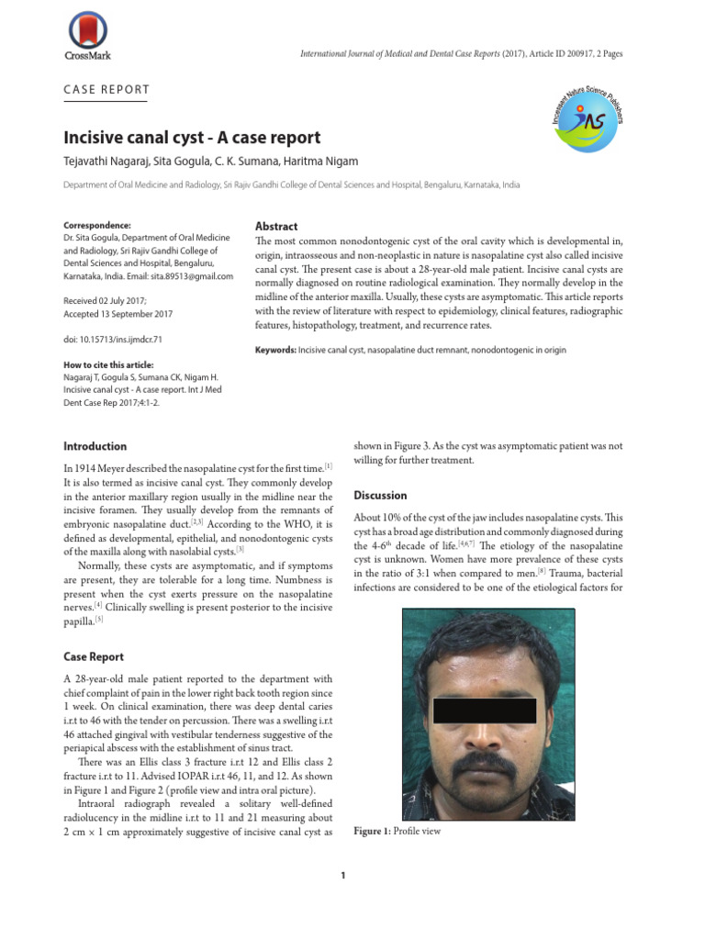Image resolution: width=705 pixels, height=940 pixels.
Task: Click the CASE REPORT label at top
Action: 106,90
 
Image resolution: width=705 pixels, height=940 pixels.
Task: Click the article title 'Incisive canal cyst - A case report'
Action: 192,139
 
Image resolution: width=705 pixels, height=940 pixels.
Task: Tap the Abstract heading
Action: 275,227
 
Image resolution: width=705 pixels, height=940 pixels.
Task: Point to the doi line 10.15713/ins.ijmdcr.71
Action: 112,339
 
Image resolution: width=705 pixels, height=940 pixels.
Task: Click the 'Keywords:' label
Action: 275,351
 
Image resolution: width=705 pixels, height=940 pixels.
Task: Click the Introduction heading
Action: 95,446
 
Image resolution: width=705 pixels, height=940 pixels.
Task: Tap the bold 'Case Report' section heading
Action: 93,656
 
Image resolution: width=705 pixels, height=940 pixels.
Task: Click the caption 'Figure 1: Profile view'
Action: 397,831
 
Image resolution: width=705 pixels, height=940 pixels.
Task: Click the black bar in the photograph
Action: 484,711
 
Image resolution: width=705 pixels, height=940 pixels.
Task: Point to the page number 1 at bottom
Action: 343,876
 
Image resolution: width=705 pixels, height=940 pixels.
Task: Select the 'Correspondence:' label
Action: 97,225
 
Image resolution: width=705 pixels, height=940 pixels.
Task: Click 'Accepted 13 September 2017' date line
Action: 117,313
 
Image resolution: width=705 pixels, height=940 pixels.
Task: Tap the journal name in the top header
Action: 399,54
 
